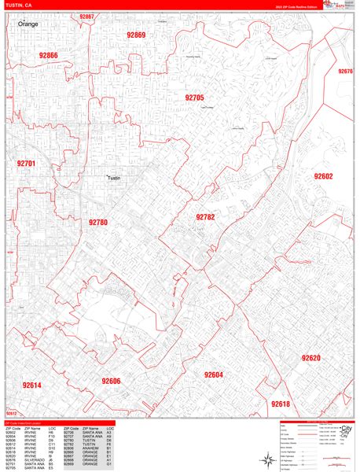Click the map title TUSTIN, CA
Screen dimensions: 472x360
click(19, 6)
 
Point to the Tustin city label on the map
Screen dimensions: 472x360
click(115, 179)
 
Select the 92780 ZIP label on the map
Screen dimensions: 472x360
click(98, 223)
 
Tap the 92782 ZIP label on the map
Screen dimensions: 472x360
click(205, 216)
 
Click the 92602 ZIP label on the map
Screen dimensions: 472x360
click(324, 176)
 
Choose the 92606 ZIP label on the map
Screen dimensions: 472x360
click(111, 381)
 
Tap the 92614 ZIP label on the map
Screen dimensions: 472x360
click(32, 385)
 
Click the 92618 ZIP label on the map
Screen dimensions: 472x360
click(281, 404)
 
